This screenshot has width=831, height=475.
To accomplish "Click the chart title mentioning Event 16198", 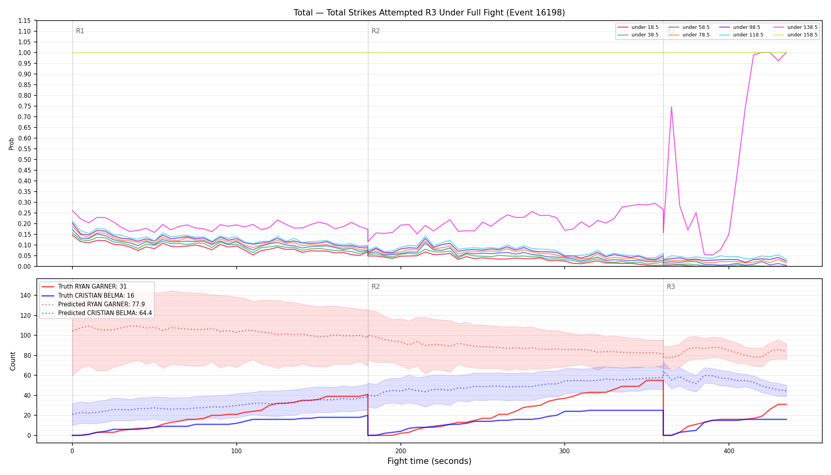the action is [x=429, y=13].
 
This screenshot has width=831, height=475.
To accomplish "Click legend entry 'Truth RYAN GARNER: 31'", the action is [x=92, y=287].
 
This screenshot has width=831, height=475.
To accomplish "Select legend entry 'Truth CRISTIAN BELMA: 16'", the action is [x=96, y=295].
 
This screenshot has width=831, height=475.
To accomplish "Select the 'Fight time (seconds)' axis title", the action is [x=429, y=461].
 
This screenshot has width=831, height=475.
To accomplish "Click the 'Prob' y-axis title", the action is [x=11, y=144].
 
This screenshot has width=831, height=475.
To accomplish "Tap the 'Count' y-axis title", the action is [x=13, y=361].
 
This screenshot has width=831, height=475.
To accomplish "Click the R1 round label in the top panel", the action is [x=80, y=31].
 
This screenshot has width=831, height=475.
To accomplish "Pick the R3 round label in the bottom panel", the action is [x=671, y=287].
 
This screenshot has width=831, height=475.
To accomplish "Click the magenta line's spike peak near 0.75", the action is [x=672, y=106].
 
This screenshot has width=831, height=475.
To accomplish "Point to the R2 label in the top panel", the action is [x=376, y=31].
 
